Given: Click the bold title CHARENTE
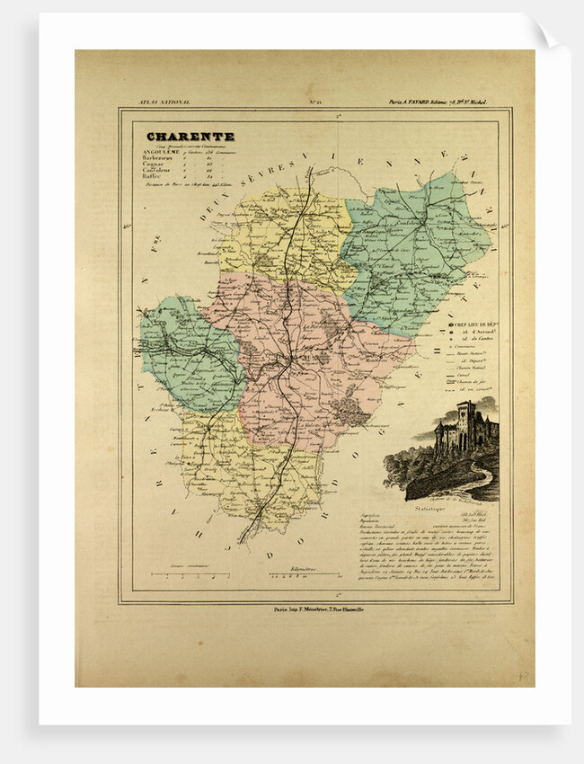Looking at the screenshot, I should [x=190, y=137].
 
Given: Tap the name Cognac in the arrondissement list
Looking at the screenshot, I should [x=163, y=164].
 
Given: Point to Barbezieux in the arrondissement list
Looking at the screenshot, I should [x=169, y=157].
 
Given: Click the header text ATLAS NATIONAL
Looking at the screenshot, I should [x=154, y=104].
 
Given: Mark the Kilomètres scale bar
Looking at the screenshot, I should [x=303, y=573].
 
